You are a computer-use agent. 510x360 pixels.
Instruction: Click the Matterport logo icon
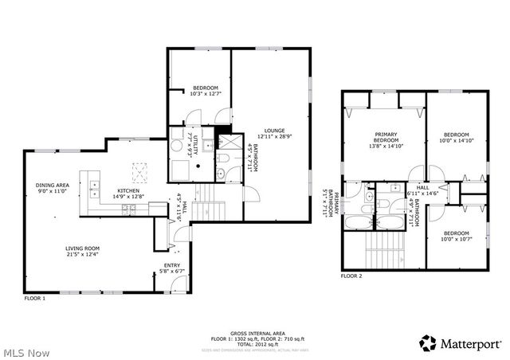(428, 342)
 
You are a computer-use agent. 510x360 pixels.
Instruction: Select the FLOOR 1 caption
(34, 299)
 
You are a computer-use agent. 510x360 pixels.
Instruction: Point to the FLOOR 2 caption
(351, 276)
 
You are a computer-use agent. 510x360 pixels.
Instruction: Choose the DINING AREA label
(52, 186)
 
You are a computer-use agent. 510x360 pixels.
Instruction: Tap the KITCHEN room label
(128, 191)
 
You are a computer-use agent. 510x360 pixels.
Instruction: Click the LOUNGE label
(275, 130)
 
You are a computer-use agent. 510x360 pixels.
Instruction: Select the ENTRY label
(172, 265)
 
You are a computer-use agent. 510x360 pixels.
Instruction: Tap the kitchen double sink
(94, 189)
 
